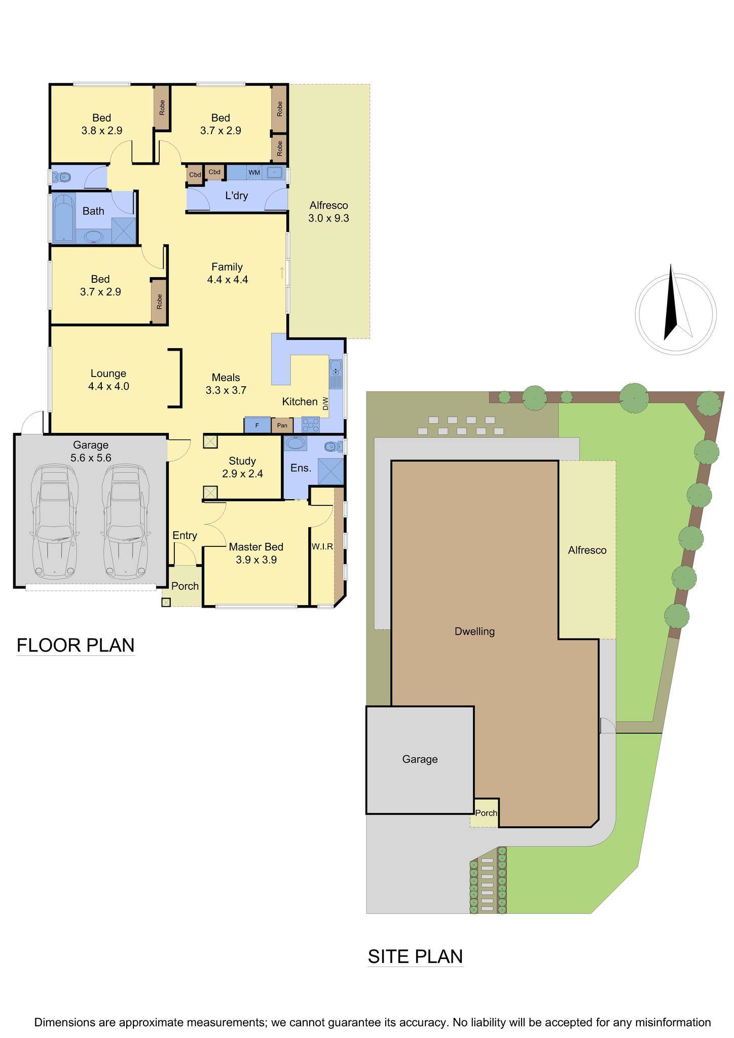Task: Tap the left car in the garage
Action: [x=54, y=523]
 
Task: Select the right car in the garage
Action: [x=125, y=523]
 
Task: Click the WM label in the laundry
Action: [x=254, y=173]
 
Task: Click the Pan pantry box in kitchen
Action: [x=282, y=425]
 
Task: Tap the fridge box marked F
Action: [x=257, y=425]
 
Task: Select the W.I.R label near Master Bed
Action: [x=322, y=546]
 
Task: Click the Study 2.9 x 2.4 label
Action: [x=242, y=467]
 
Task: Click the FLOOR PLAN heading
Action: [x=76, y=645]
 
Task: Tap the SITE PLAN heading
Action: [x=415, y=956]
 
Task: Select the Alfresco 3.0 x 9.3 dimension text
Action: [x=328, y=212]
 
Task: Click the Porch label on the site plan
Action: [x=486, y=813]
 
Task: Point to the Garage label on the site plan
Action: [x=420, y=759]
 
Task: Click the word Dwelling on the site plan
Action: [x=474, y=632]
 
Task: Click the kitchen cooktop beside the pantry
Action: [x=310, y=424]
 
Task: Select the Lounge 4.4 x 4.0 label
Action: [x=108, y=380]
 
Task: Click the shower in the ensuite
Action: [x=330, y=471]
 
